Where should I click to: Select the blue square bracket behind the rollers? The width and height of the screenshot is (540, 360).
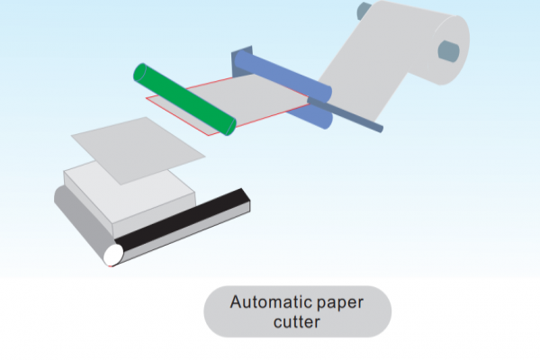pyautogui.click(x=241, y=59)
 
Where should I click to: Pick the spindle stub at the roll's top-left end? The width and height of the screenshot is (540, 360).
pyautogui.click(x=363, y=11)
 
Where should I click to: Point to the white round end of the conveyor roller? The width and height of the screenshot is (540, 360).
pyautogui.click(x=113, y=256)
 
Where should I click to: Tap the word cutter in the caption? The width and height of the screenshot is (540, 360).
pyautogui.click(x=298, y=320)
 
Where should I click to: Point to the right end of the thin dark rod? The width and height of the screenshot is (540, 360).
pyautogui.click(x=381, y=128)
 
